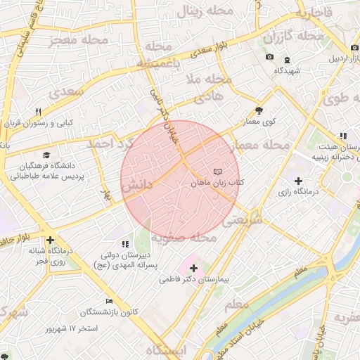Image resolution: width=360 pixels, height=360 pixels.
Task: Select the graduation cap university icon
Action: click(46, 155)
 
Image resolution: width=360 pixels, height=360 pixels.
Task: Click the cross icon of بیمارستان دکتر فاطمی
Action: click(193, 268)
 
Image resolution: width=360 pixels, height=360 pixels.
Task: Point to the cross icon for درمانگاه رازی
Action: click(298, 181)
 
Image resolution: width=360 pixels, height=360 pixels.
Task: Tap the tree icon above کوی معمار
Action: click(259, 110)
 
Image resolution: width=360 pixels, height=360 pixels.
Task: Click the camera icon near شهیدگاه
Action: click(269, 58)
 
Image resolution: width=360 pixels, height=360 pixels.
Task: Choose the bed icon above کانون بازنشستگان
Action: click(108, 301)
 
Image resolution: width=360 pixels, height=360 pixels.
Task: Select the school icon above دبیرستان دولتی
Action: click(125, 244)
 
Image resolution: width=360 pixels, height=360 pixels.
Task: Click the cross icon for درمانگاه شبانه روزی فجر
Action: click(50, 240)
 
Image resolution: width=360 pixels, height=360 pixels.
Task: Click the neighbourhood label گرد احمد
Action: click(109, 143)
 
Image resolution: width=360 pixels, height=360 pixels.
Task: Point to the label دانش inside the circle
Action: click(137, 187)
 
